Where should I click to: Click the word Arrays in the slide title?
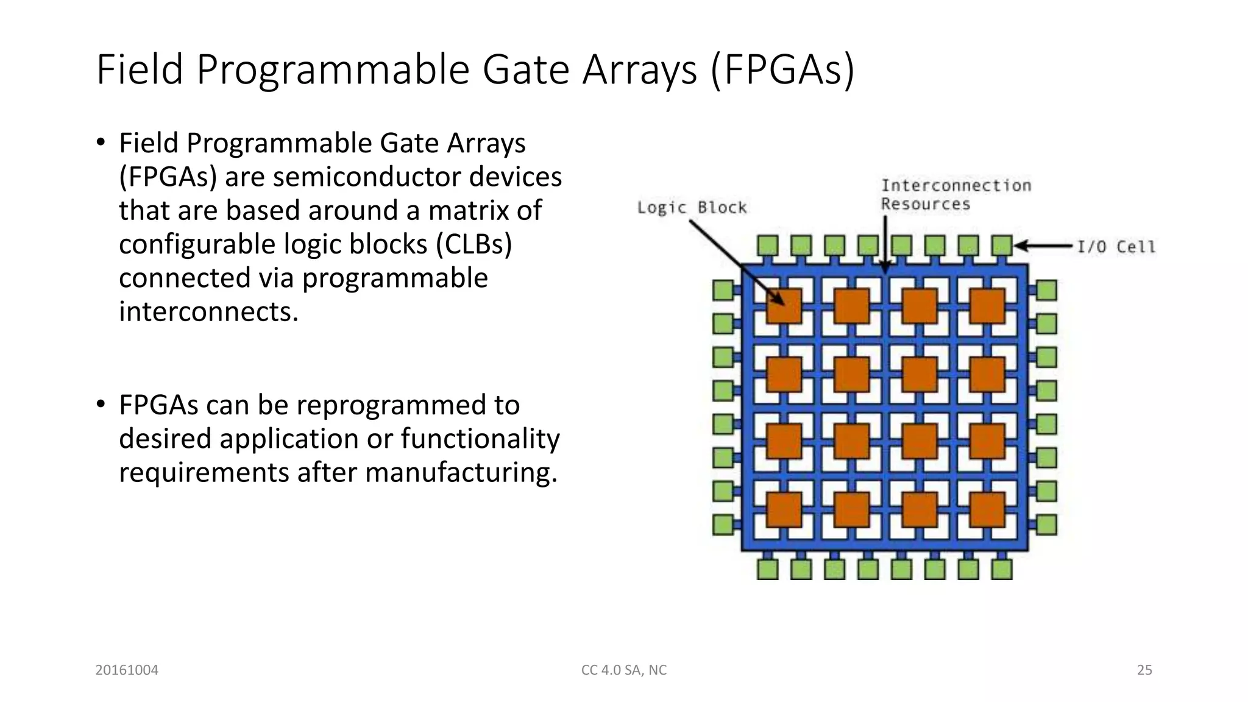click(x=639, y=69)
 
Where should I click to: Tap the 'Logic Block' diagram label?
click(x=692, y=208)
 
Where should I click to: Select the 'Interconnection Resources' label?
click(x=955, y=194)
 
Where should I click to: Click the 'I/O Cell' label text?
click(x=1116, y=247)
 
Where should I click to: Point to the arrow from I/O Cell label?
click(x=1044, y=246)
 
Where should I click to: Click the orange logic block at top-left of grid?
click(x=784, y=306)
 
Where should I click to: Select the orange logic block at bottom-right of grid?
click(x=987, y=509)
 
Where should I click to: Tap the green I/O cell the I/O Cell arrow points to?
click(x=1002, y=246)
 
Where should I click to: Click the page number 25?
click(x=1144, y=670)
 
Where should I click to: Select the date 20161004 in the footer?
click(x=127, y=670)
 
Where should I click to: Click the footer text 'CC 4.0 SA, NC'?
click(x=624, y=670)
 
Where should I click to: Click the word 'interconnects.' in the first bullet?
click(x=208, y=312)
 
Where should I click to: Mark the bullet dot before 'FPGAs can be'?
click(x=101, y=404)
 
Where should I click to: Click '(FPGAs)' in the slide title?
click(x=782, y=69)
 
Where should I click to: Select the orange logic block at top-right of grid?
click(x=987, y=306)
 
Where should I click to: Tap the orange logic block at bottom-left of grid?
click(x=784, y=509)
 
